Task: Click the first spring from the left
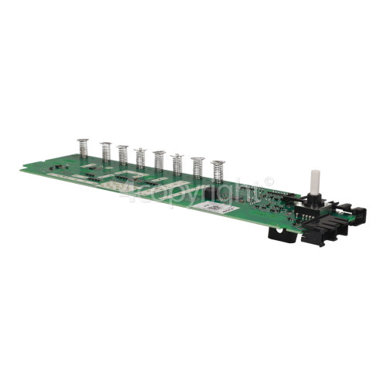point(83,150)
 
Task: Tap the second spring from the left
point(105,153)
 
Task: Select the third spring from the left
point(123,155)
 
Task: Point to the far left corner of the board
point(22,169)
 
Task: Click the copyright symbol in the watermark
point(268,183)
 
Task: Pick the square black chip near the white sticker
point(215,195)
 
